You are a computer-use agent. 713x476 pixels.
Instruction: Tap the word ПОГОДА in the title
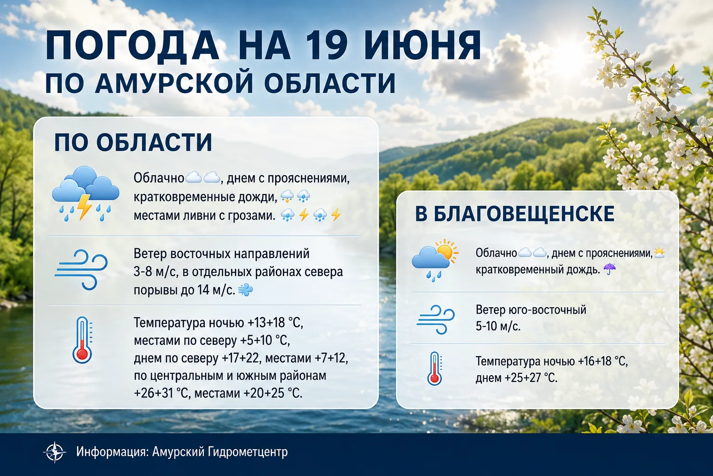(133, 45)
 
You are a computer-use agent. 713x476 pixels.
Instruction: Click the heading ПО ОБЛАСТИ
(133, 143)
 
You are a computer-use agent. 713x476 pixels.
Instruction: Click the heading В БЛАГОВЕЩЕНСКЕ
(515, 213)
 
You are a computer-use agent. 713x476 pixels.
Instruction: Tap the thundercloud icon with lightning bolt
(85, 193)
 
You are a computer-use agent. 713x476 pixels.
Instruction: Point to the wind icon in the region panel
(81, 270)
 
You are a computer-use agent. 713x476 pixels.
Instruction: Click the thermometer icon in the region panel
(82, 340)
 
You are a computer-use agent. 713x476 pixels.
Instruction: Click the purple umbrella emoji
(609, 269)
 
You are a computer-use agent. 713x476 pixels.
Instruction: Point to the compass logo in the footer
(54, 452)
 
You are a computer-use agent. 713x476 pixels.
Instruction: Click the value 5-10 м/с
(498, 326)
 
